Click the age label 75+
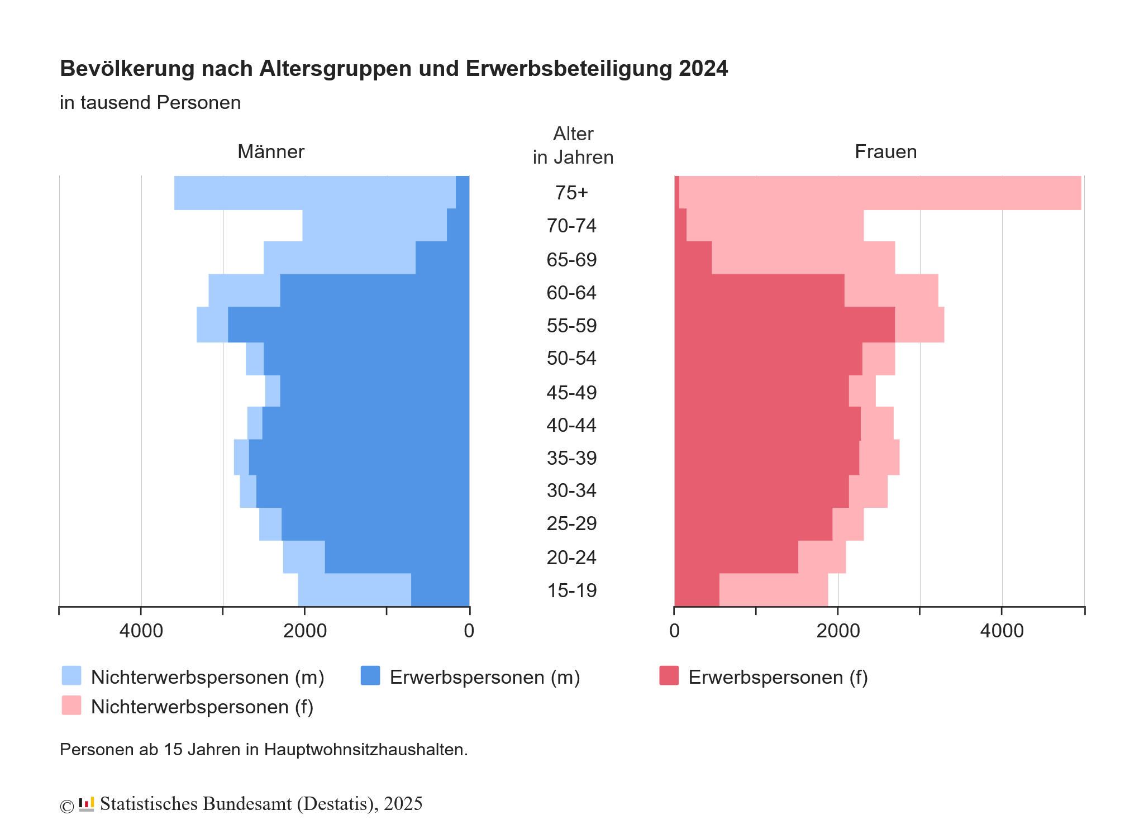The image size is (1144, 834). click(571, 193)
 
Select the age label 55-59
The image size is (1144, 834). click(571, 326)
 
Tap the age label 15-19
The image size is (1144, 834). click(571, 590)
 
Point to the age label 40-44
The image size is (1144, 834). click(571, 425)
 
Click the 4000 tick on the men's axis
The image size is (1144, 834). click(141, 631)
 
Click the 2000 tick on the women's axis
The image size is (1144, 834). click(838, 631)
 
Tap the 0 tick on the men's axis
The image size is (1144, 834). click(469, 631)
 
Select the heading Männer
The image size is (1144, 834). click(271, 152)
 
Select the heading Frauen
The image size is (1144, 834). click(885, 152)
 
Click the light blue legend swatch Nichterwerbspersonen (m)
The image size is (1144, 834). click(71, 675)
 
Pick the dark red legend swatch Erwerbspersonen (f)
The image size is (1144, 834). click(669, 675)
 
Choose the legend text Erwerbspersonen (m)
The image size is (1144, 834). click(485, 677)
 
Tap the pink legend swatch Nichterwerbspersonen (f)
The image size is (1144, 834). click(71, 705)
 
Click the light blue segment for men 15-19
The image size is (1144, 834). click(354, 590)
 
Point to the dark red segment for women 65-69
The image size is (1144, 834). click(693, 258)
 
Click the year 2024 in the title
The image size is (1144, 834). click(703, 69)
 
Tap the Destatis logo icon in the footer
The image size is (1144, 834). click(86, 804)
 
